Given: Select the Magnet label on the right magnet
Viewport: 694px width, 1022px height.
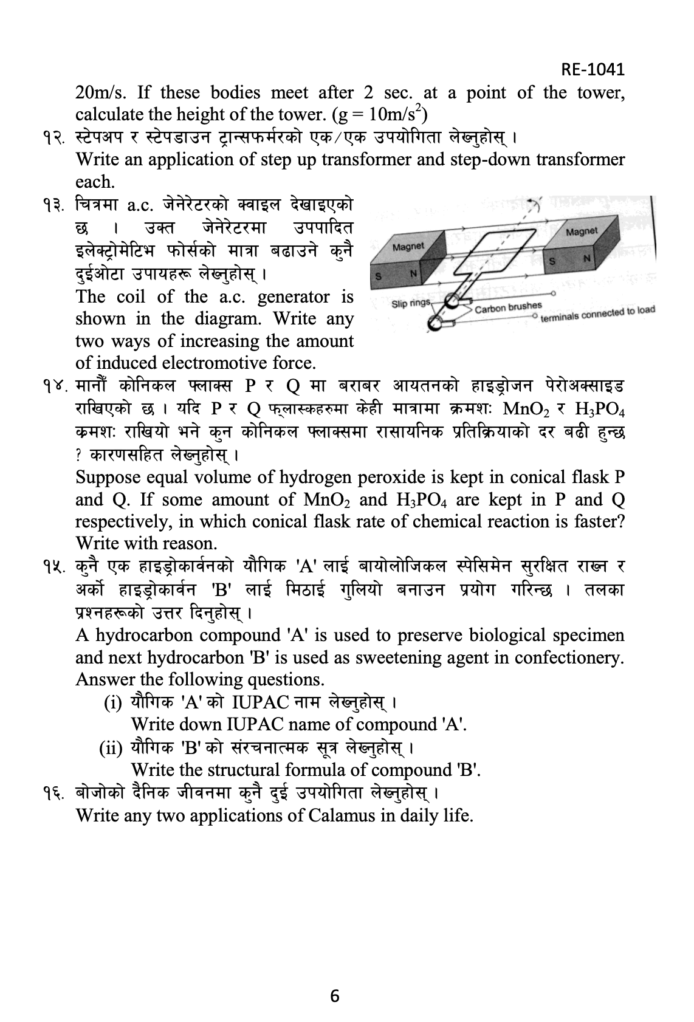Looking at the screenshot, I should point(581,231).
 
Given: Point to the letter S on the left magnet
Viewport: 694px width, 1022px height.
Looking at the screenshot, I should point(378,276).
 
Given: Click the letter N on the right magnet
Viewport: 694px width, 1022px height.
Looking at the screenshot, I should point(586,259).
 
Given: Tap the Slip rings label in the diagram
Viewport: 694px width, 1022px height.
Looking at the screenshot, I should point(411,303).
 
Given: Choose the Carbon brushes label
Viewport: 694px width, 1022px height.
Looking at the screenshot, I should point(509,307).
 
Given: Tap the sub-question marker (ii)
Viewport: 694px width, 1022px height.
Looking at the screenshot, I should point(111,747).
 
